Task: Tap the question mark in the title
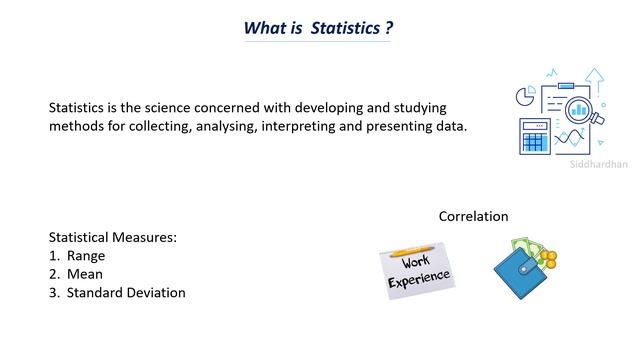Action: point(389,27)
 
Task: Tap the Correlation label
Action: point(473,216)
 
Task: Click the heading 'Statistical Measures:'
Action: point(113,237)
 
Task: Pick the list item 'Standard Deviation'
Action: point(126,293)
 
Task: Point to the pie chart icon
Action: point(521,96)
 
